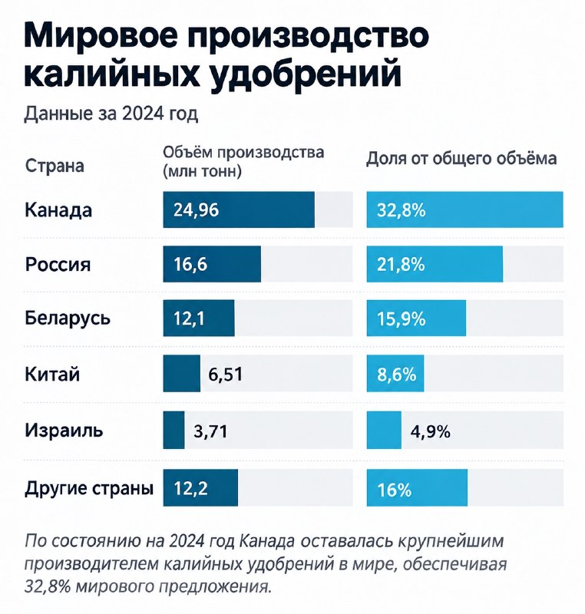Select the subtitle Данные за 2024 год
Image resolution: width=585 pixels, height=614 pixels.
(x=111, y=114)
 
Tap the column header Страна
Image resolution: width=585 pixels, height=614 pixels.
(x=55, y=166)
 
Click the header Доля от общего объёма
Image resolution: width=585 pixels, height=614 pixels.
(x=461, y=159)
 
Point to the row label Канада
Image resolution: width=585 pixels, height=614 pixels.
(x=58, y=210)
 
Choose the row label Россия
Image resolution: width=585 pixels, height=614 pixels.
(x=58, y=264)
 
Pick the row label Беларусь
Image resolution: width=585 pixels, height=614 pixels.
(x=68, y=318)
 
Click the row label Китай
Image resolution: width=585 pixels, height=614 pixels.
(x=52, y=373)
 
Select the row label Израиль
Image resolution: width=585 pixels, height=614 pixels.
(x=64, y=430)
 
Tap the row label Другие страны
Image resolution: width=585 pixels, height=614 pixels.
(x=89, y=488)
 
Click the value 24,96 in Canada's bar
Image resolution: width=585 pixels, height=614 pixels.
(x=197, y=210)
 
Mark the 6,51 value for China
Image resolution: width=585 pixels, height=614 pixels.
(x=225, y=375)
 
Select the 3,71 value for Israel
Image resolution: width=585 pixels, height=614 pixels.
(x=210, y=431)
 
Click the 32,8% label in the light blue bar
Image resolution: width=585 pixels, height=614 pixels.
(x=402, y=210)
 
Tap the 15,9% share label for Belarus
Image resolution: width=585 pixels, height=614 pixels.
(x=402, y=319)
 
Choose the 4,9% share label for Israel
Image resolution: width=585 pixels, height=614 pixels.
(x=431, y=431)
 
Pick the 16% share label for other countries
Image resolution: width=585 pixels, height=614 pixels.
(x=395, y=490)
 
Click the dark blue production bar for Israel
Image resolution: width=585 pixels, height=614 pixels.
(x=174, y=430)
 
